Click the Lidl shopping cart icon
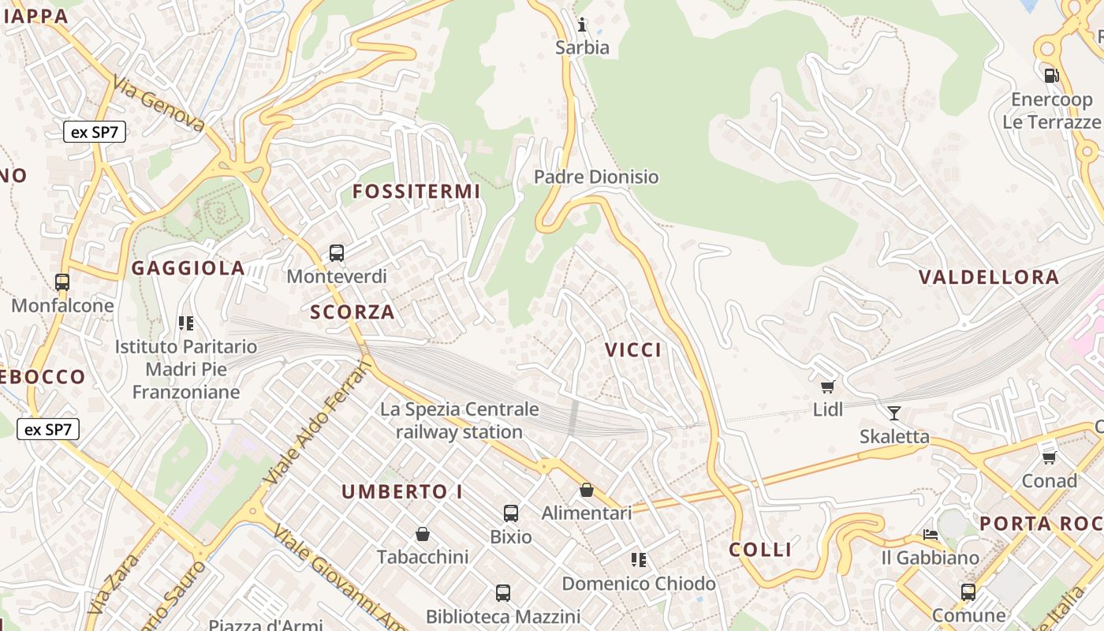[x=827, y=386]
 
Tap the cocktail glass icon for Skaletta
[x=893, y=413]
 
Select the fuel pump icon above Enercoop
[x=1051, y=76]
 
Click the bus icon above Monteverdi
[x=337, y=253]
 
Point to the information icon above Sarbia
[x=583, y=24]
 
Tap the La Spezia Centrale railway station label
[x=460, y=420]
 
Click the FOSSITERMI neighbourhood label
[x=416, y=192]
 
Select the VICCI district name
[x=633, y=350]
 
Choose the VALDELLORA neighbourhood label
[x=989, y=278]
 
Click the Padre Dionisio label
[x=596, y=177]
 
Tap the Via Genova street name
[x=159, y=103]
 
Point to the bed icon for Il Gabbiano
[x=931, y=535]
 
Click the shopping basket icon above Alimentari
[x=587, y=490]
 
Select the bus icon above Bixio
[x=511, y=513]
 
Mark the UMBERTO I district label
[x=402, y=492]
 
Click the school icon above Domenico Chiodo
[x=639, y=560]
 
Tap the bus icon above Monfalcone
[x=62, y=282]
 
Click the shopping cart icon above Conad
[x=1049, y=457]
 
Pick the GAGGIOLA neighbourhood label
[x=188, y=268]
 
